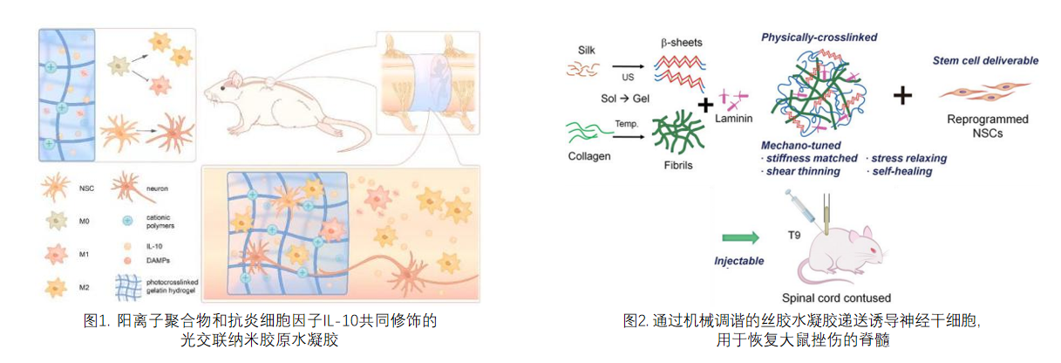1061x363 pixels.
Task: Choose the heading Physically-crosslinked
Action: [x=819, y=38]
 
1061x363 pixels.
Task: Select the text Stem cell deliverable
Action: [x=985, y=60]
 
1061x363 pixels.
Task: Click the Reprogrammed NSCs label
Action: [x=986, y=126]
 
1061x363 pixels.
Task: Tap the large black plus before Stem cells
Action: [x=902, y=95]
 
